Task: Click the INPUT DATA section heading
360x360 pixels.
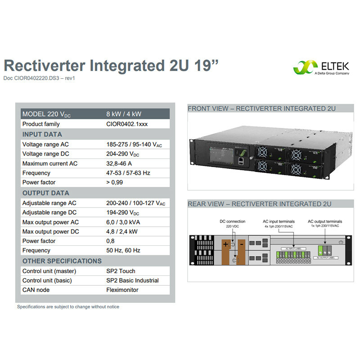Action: [x=42, y=134]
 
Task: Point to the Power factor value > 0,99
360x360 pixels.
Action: [x=114, y=182]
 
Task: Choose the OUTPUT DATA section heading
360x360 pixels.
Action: [x=46, y=193]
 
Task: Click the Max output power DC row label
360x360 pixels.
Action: [x=50, y=231]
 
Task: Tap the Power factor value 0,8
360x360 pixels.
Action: [x=110, y=241]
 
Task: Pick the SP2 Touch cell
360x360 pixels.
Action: [x=121, y=271]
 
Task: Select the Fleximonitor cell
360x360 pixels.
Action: [x=122, y=290]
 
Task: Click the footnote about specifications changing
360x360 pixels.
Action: [x=68, y=307]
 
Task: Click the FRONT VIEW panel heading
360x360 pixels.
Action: [x=261, y=108]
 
